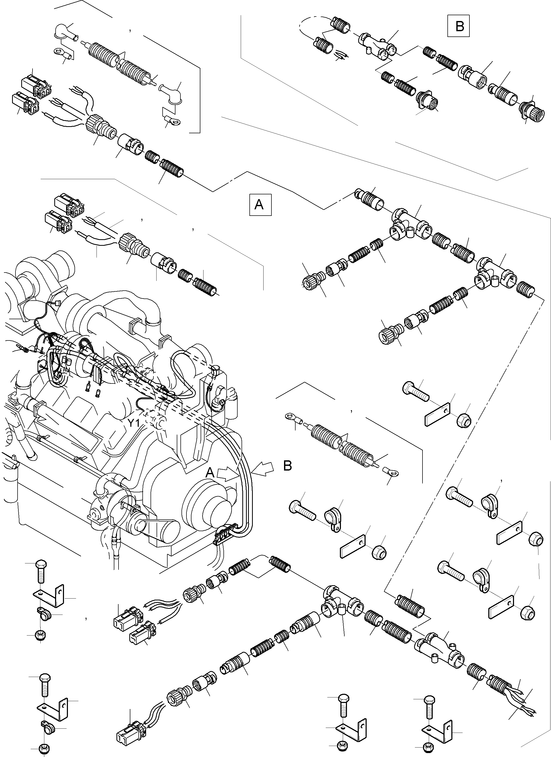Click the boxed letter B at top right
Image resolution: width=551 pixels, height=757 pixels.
[459, 26]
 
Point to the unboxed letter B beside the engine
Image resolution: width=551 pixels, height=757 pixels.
[287, 466]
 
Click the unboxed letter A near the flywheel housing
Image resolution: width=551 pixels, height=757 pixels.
[210, 472]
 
